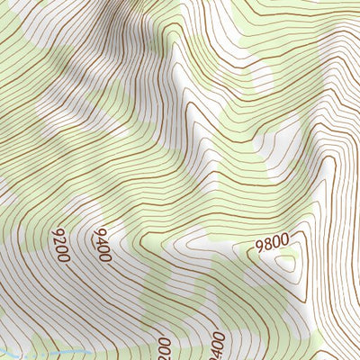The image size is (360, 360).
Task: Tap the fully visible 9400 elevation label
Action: tap(100, 244)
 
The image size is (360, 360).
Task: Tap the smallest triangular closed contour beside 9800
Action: tap(288, 262)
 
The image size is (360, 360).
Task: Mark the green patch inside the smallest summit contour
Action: tap(289, 263)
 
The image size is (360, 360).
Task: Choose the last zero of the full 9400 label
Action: tap(105, 257)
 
